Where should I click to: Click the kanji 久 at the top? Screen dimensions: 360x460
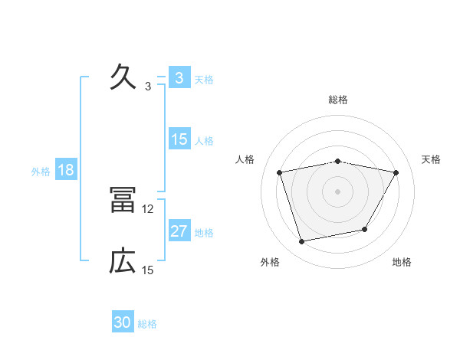click(x=123, y=77)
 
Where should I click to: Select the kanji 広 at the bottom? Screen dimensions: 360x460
click(x=123, y=262)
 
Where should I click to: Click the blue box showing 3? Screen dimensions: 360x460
click(x=179, y=78)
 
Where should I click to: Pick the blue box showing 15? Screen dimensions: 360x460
click(x=179, y=139)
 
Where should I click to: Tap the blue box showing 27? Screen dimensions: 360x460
click(x=179, y=231)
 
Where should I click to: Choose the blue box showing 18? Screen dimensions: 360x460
click(x=66, y=170)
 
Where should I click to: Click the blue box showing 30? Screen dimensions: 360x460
click(x=123, y=323)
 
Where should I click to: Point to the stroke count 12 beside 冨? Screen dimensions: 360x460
click(x=148, y=208)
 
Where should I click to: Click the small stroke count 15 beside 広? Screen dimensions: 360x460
click(x=148, y=270)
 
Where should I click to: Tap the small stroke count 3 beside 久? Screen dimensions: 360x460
click(x=148, y=86)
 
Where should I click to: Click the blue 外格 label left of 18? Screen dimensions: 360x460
click(x=41, y=172)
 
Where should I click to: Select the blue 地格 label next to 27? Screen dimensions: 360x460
click(x=205, y=233)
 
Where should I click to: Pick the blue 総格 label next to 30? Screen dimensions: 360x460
click(x=147, y=324)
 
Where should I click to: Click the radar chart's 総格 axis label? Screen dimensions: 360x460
click(x=338, y=100)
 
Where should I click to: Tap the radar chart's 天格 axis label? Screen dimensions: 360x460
click(x=432, y=159)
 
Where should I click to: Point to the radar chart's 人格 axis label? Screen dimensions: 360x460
click(x=245, y=159)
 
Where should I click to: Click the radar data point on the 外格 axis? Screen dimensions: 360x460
click(x=302, y=241)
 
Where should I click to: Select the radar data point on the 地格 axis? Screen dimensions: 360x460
click(x=365, y=229)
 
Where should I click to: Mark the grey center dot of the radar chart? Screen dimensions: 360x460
click(x=338, y=191)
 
